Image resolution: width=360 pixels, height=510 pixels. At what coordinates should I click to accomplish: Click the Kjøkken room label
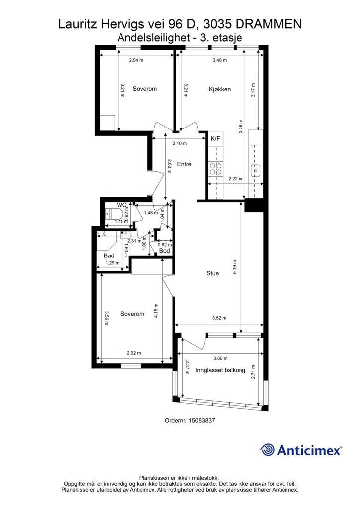point(220,89)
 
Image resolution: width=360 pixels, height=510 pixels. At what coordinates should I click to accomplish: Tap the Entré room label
point(184,164)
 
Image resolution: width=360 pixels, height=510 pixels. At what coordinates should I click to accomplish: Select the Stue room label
point(212,273)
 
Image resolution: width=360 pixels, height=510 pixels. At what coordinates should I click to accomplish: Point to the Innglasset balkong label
point(220,370)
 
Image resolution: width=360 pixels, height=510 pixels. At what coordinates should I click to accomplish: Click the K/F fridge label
point(215,139)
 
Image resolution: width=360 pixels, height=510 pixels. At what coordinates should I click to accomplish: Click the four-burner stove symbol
point(215,168)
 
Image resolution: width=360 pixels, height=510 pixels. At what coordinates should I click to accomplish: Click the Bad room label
point(109,255)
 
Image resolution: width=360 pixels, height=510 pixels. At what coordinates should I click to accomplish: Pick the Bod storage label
point(164,251)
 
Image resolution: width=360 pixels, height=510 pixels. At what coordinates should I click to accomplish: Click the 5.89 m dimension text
point(240,127)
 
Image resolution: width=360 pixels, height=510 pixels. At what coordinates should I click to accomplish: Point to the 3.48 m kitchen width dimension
point(220,60)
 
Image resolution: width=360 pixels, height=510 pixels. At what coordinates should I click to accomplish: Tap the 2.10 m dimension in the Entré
point(180,143)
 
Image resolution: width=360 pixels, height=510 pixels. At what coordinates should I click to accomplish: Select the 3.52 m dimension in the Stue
point(219,318)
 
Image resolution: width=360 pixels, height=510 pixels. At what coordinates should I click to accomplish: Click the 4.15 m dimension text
point(156,311)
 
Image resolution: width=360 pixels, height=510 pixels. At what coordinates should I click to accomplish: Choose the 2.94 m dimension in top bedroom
point(136,60)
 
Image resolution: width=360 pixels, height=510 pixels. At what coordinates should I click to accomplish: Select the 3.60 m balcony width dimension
point(220,358)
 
